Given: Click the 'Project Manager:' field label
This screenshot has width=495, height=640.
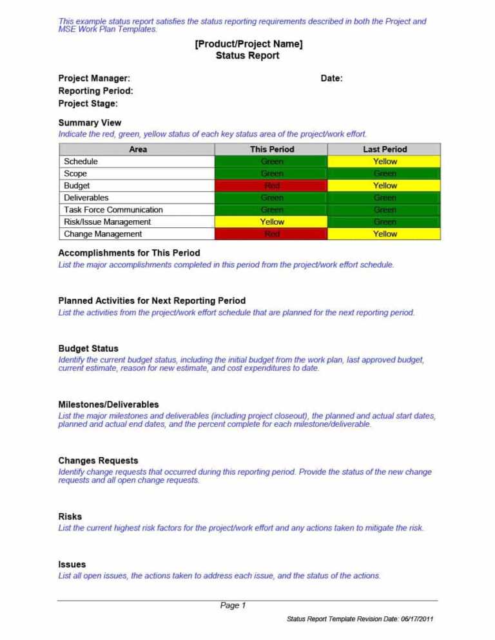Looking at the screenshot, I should coord(94,79).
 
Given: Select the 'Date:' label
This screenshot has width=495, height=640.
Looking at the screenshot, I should coord(331,79).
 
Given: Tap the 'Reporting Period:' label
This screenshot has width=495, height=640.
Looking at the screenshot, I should coord(96,91).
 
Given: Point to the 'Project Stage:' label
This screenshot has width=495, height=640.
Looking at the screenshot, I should coord(88,104).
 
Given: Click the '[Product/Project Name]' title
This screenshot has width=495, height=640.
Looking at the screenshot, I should coord(248,44).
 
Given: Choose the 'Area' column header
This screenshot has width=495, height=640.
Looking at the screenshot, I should coord(137,149).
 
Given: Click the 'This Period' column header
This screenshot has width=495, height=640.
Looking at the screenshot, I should coord(271,149).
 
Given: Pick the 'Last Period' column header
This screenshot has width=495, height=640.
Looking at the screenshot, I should coord(385,149).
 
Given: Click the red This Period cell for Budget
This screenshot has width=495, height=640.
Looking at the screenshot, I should coord(271,185).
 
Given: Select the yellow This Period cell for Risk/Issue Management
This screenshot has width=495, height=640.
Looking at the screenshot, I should coord(271,222).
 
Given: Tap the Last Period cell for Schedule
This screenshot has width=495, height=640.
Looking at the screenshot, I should coord(385,162).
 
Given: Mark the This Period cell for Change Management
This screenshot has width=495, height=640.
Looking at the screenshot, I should coord(271,234).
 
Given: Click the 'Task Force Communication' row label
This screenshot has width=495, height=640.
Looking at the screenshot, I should coord(113,210).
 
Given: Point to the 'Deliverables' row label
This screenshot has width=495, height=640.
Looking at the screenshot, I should coord(86,198).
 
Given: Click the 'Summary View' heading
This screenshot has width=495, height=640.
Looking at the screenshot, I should coord(90,123).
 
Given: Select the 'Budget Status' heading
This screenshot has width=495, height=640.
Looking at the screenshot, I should coord(88,348).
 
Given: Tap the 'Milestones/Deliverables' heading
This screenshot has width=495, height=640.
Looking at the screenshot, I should coord(108,404).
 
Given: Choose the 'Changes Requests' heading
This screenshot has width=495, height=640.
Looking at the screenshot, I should coord(98,460).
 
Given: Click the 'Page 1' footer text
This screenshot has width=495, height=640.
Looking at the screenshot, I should coord(233,605).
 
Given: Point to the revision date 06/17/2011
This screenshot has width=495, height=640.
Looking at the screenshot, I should coord(417,619).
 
